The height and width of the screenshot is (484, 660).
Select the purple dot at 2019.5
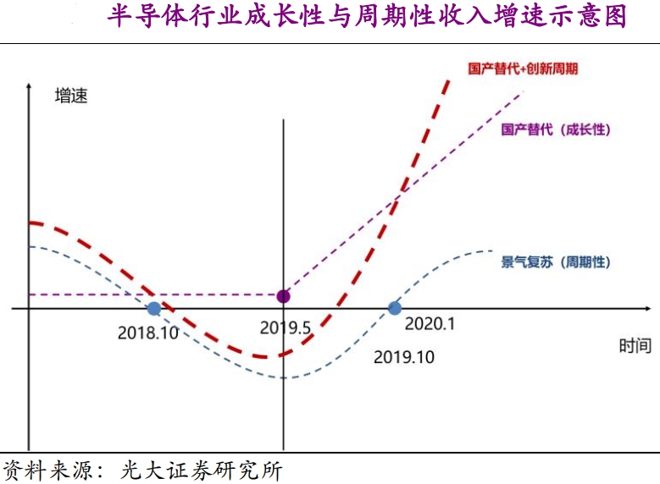tap(283, 296)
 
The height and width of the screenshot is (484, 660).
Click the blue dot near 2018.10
tap(153, 309)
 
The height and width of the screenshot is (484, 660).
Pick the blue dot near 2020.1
tap(394, 309)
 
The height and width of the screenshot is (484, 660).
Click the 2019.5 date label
tap(286, 327)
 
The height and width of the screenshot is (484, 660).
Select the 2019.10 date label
tap(403, 357)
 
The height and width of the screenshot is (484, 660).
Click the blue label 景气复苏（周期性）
tap(556, 262)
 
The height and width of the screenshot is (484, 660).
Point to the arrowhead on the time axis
tap(652, 309)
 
